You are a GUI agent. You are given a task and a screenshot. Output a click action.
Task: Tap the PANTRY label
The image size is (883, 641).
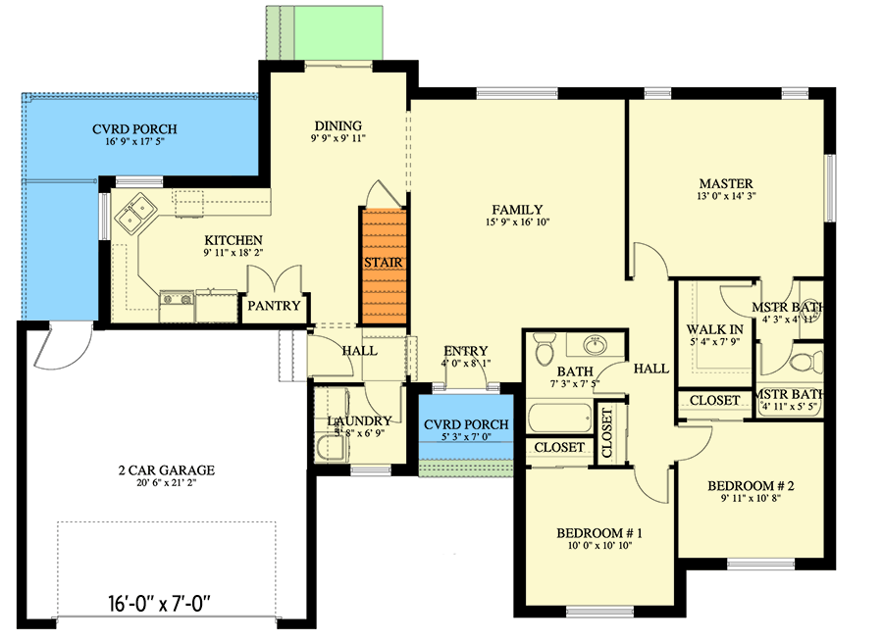(x=274, y=306)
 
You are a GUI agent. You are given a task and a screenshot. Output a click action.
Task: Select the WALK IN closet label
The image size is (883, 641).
(x=713, y=328)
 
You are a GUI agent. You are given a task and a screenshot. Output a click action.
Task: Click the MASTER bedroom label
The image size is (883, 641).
(x=726, y=183)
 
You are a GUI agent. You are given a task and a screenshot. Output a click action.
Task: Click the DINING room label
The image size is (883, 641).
(x=338, y=125)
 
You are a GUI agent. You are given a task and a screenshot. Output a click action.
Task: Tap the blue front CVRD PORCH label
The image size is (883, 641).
(x=466, y=424)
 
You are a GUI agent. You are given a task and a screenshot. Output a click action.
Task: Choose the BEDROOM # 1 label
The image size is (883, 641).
(x=598, y=533)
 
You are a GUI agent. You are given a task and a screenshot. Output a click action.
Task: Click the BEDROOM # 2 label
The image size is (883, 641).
(x=751, y=485)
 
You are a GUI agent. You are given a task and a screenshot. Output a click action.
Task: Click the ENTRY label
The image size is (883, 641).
(x=466, y=352)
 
